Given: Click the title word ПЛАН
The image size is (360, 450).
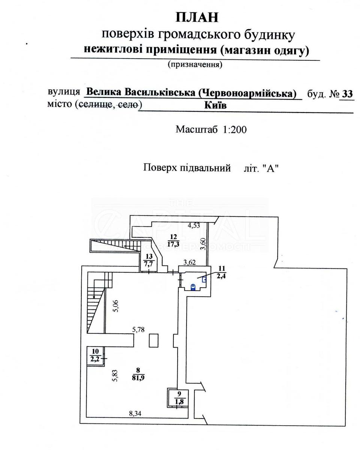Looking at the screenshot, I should click(197, 17).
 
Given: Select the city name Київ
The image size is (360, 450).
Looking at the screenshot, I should click(215, 106).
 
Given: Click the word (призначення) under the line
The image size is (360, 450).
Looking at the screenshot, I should click(195, 64).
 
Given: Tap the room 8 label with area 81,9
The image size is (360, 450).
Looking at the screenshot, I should click(138, 374).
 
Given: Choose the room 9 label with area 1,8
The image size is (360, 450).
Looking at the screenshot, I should click(179, 397).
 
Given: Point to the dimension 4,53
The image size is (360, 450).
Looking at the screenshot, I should click(194, 225).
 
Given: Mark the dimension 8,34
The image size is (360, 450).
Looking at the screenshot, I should click(136, 414).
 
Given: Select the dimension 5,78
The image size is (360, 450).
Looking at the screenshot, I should click(141, 330).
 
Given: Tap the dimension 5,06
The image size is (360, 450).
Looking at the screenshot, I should click(117, 307).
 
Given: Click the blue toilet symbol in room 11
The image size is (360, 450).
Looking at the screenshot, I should click(193, 287).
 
